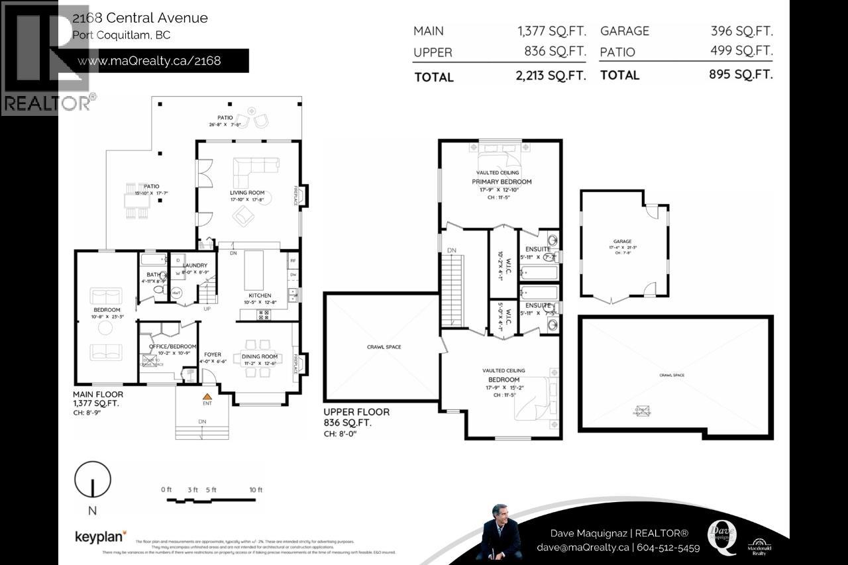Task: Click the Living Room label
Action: coord(246,193)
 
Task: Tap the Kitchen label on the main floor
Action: coord(260,295)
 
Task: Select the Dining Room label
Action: coord(260,356)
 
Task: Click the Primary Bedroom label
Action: coord(501,181)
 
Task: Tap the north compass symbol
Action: coord(92,480)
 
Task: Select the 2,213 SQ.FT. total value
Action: coord(551,76)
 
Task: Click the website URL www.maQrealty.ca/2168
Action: coord(149,61)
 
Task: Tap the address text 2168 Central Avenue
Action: coord(140,18)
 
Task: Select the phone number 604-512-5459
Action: coord(668,548)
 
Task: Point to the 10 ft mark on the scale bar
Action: coord(256,489)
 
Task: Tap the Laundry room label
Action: coord(185,266)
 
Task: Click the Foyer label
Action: coord(213,354)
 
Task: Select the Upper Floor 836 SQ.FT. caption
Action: coord(356,417)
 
